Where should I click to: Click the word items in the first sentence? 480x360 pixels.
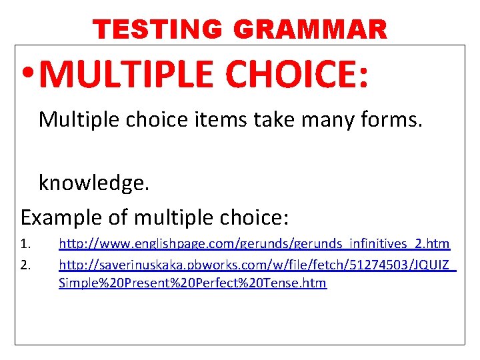click(227, 120)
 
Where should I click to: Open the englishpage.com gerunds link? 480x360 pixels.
click(254, 245)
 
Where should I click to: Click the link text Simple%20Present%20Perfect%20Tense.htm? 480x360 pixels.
click(193, 283)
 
